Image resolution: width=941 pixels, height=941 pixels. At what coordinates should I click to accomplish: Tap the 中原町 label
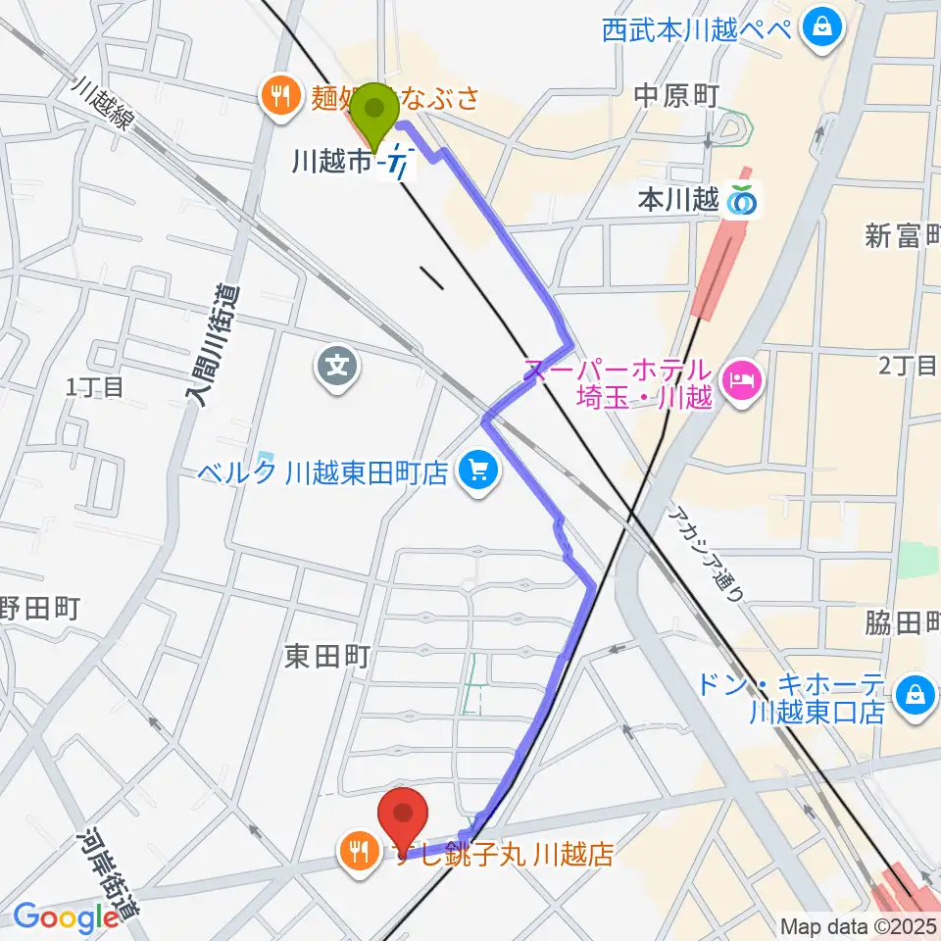(x=677, y=95)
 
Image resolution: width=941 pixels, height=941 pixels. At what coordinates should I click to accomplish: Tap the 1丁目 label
(x=94, y=387)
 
